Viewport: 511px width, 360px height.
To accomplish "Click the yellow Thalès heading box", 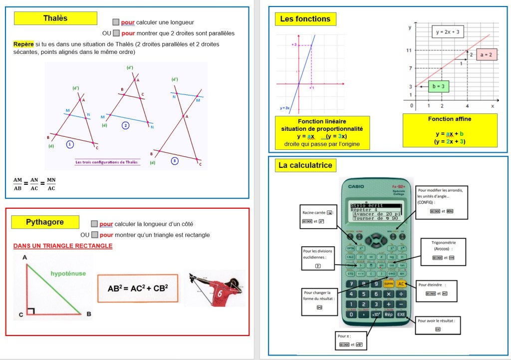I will (x=55, y=18).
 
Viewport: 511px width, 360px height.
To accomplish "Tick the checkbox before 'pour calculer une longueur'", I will (x=116, y=22).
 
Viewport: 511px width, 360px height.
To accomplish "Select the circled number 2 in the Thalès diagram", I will (x=126, y=125).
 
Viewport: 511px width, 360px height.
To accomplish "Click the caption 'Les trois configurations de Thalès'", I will (x=106, y=162).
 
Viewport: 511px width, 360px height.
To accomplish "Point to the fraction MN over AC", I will (x=51, y=184).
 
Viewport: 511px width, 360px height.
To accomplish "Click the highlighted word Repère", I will (x=23, y=44).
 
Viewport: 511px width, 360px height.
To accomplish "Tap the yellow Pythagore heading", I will (x=45, y=222).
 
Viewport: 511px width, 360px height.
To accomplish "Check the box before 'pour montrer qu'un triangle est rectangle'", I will (x=94, y=235).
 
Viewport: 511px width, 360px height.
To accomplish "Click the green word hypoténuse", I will (x=68, y=274).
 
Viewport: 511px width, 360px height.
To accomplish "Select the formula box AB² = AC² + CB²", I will (x=138, y=288).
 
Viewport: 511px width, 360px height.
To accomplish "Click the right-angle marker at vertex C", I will (x=31, y=312).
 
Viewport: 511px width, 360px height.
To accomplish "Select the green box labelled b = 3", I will (x=438, y=86).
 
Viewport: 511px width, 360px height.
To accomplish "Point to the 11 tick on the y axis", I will (x=409, y=50).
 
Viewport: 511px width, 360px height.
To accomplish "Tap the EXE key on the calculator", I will (x=401, y=315).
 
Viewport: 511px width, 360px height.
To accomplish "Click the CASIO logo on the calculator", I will (x=356, y=187).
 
